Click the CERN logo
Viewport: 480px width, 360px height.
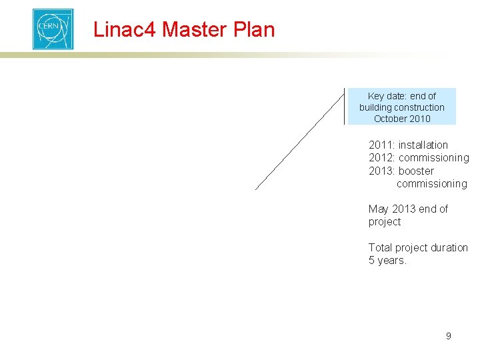pos(53,29)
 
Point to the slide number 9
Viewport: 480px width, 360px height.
pos(448,336)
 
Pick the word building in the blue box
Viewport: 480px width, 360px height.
pos(375,107)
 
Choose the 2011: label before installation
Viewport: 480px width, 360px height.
pos(382,145)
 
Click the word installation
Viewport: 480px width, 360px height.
pos(423,145)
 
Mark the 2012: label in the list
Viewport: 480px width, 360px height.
pos(382,158)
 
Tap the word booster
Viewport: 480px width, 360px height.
pos(416,171)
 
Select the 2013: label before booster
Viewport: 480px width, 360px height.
pos(382,171)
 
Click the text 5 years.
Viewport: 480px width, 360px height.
pos(387,260)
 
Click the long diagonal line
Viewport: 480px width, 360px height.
pos(300,140)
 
